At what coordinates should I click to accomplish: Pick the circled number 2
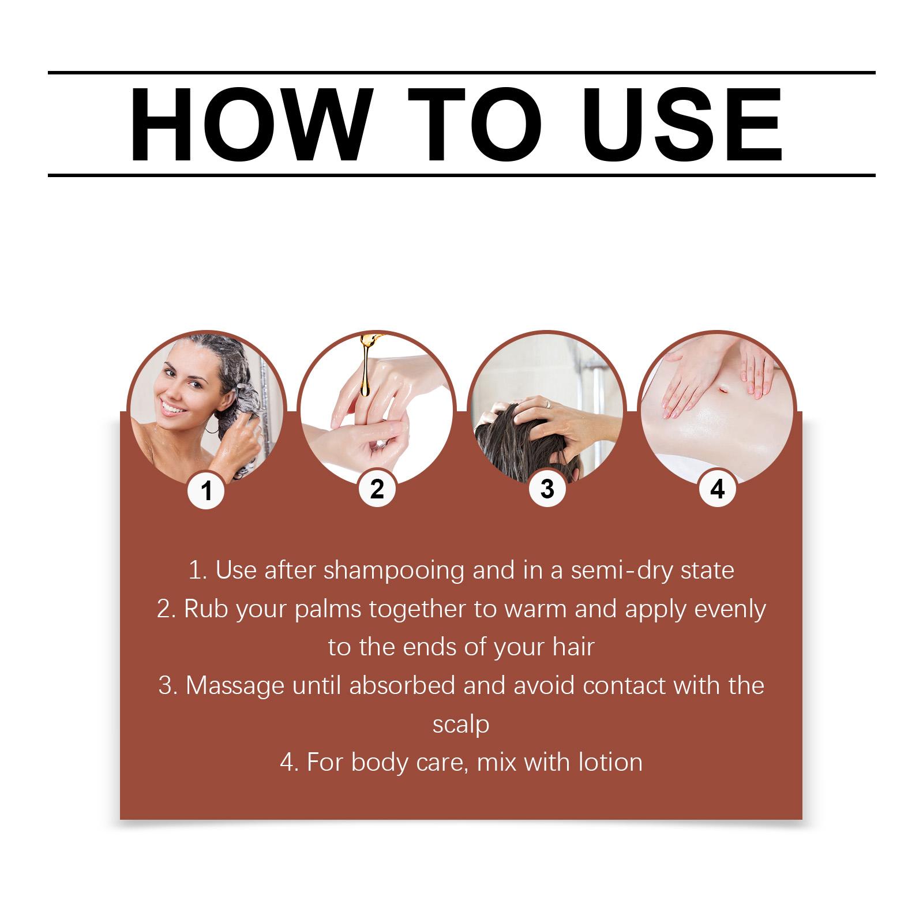click(x=377, y=489)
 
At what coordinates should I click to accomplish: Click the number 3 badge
click(x=547, y=489)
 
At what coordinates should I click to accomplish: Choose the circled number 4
click(x=717, y=489)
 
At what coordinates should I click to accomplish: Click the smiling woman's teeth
click(x=172, y=408)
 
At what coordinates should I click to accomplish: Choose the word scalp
click(x=461, y=725)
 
